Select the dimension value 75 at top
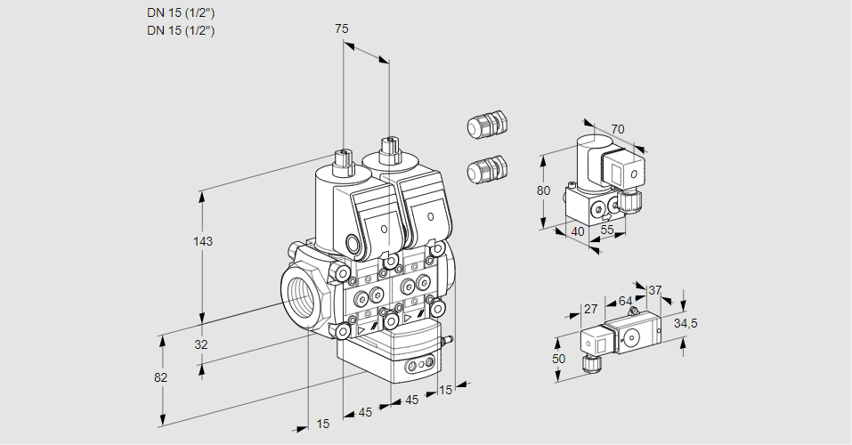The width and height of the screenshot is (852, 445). click(x=342, y=29)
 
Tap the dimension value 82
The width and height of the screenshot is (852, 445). click(x=161, y=377)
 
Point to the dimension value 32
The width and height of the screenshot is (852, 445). click(x=201, y=344)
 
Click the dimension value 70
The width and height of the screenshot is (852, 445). click(x=618, y=129)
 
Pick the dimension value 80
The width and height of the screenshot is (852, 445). click(x=544, y=190)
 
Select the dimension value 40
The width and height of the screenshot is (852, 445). click(x=577, y=231)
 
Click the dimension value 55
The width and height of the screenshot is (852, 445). click(x=608, y=231)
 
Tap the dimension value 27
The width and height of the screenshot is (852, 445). click(x=589, y=309)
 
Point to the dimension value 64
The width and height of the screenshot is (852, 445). click(x=625, y=302)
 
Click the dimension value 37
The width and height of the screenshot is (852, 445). click(x=655, y=290)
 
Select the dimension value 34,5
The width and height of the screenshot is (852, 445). click(x=686, y=323)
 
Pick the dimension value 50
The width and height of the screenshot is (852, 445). click(x=557, y=358)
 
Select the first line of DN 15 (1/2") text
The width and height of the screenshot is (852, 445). click(x=181, y=12)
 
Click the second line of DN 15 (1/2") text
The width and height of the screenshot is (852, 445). click(x=181, y=30)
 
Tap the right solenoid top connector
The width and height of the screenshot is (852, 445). click(x=389, y=149)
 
